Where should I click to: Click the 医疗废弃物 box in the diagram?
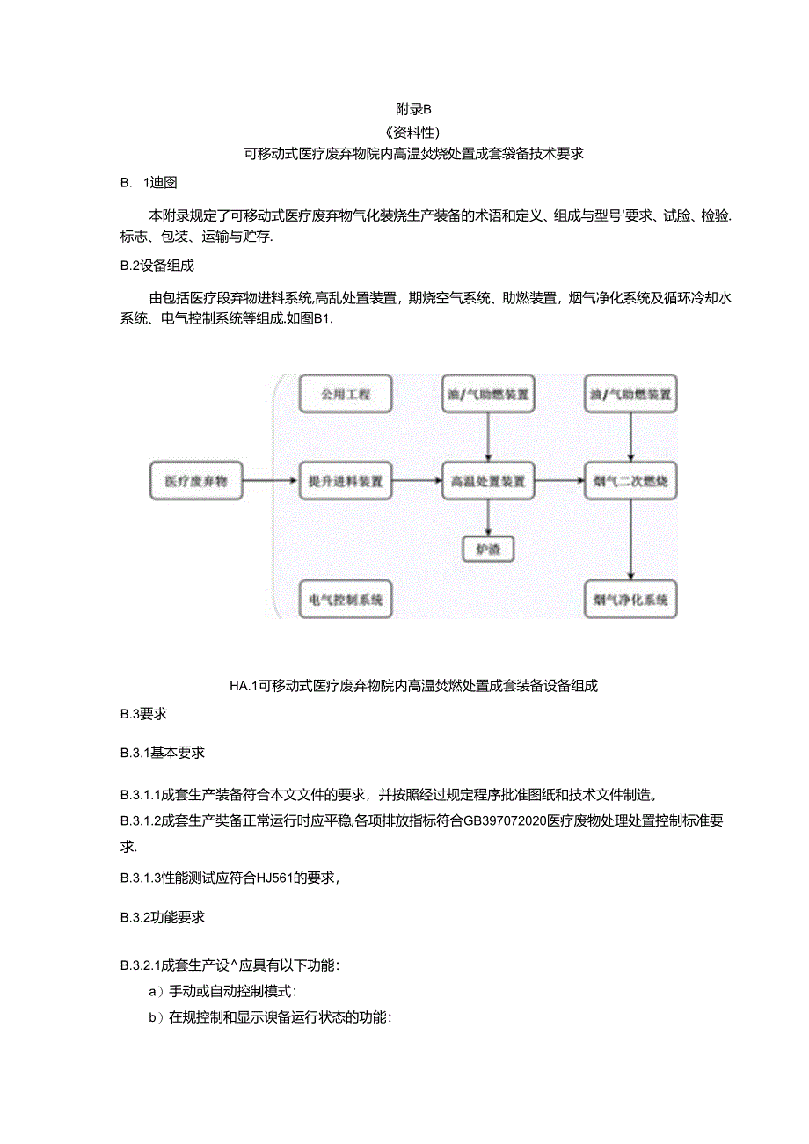coord(196,482)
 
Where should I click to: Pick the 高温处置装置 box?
coord(488,482)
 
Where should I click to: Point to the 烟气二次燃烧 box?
coord(630,482)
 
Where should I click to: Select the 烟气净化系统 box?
coord(630,601)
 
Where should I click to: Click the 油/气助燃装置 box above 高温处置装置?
coord(488,395)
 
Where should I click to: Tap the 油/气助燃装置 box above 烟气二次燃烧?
coord(630,395)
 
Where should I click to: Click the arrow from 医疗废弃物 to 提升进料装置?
coord(269,481)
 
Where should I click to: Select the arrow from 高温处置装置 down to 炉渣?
coord(488,518)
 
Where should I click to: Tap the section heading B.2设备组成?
coord(157,266)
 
